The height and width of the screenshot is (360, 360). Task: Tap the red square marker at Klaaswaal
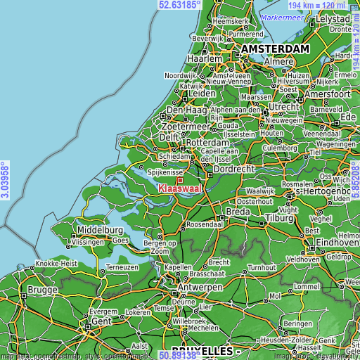pos(179,181)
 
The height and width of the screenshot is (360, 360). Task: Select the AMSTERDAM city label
pos(275,49)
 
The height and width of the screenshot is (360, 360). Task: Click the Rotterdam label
pos(210,143)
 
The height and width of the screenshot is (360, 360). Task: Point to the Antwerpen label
pos(200,288)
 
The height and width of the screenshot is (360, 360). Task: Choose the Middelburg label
pos(101,230)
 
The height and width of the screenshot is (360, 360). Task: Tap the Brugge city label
pos(42,290)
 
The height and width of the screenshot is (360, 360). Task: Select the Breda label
pos(238,211)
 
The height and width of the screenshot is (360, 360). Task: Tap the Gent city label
pos(101,321)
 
